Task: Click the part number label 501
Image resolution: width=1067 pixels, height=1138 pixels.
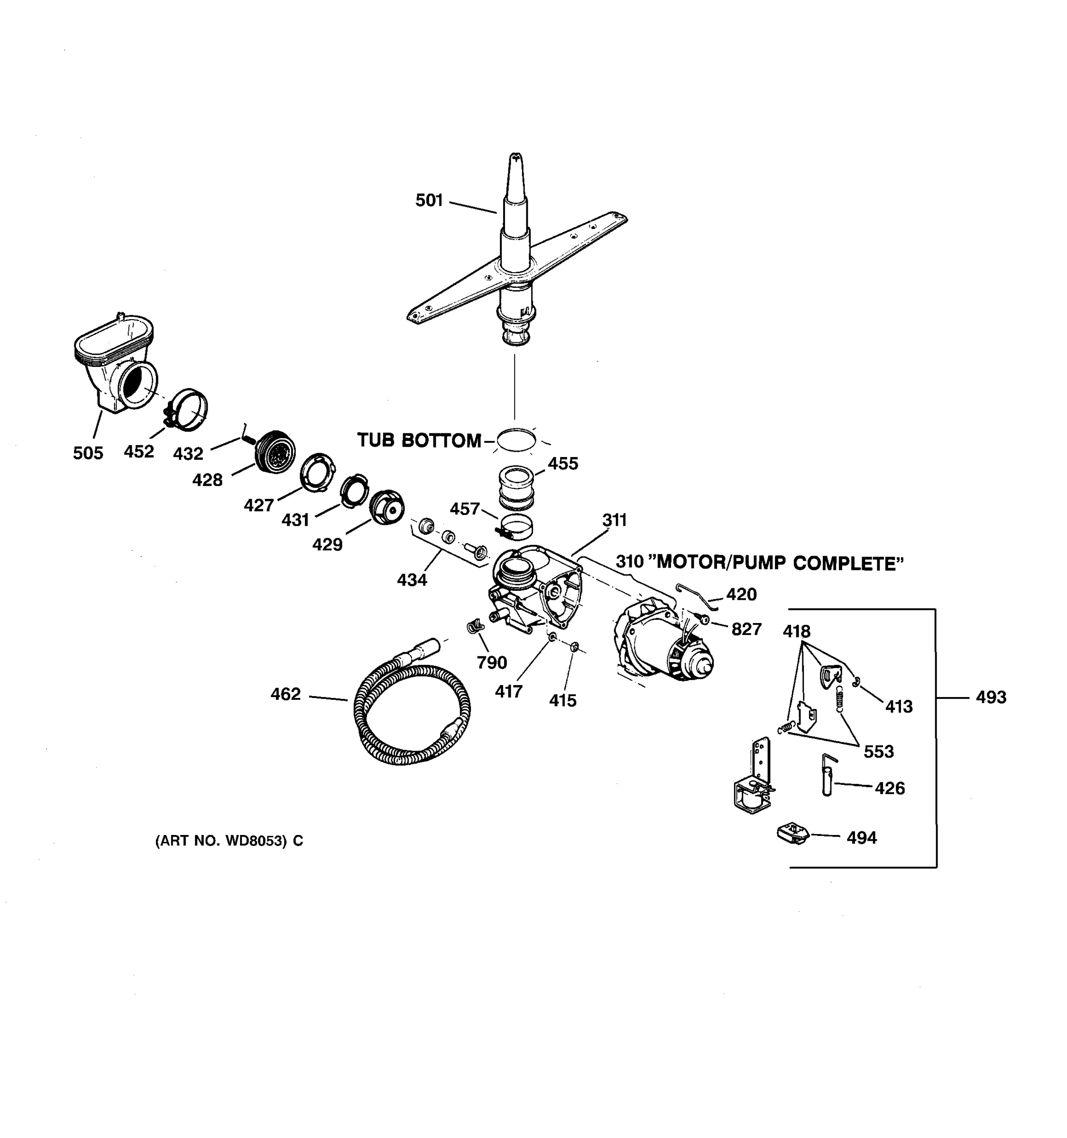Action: (x=429, y=201)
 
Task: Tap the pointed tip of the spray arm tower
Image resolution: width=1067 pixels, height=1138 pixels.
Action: (x=516, y=157)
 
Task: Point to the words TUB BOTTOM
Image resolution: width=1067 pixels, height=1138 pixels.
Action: (x=419, y=440)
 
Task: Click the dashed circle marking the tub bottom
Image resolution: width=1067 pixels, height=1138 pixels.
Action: (x=516, y=440)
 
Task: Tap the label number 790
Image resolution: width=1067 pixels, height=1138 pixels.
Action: (x=492, y=662)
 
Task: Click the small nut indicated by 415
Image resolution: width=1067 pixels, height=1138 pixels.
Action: (x=575, y=647)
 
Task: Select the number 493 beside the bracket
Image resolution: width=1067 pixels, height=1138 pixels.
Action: (x=991, y=697)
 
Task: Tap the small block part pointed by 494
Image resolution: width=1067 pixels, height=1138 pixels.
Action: (x=793, y=834)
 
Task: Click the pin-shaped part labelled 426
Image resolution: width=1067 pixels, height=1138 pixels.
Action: (x=827, y=776)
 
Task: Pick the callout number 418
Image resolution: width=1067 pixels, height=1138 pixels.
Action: (x=796, y=632)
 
